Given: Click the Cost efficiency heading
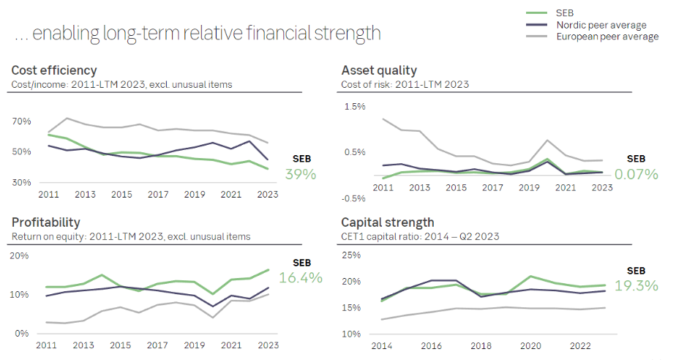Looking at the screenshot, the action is point(54,70).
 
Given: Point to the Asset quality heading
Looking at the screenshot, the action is point(379,70).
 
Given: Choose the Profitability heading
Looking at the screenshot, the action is point(45,222).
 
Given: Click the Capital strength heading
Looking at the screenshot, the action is point(388,222).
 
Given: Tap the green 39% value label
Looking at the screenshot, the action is point(301,174).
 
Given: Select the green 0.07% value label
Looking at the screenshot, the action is point(636,174).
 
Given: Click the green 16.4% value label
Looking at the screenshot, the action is point(301,277).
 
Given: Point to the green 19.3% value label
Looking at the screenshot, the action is point(636,285).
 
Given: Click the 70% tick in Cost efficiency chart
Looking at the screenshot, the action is point(21,121).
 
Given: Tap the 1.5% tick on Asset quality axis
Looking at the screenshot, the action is point(354,107).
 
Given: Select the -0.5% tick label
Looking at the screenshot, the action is point(353,198).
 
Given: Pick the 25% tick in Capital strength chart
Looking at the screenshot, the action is point(351,255).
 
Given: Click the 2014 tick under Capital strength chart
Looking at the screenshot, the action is point(382,346).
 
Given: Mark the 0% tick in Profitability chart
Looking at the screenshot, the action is point(21,334).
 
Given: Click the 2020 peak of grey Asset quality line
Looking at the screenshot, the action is point(547,140).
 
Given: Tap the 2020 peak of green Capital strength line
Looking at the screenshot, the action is point(530,276).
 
